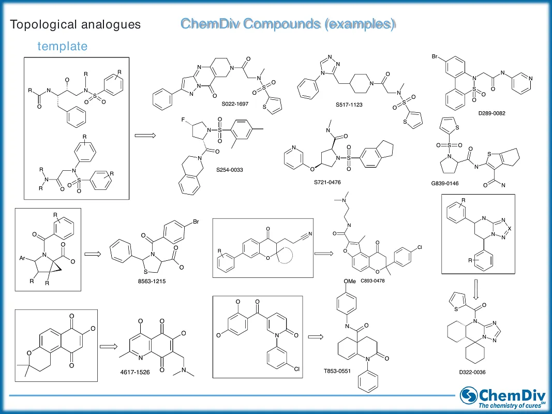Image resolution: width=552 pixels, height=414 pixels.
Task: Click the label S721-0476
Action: pos(327,182)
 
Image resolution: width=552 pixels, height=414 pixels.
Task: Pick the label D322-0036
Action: pos(473,372)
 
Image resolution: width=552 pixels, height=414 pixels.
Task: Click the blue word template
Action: pos(62,46)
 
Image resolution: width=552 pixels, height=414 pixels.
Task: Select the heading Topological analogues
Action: pos(76,24)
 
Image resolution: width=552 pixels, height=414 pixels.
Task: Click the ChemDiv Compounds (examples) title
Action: pos(288,24)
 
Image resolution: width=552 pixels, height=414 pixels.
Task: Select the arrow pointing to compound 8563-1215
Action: pos(92,254)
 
